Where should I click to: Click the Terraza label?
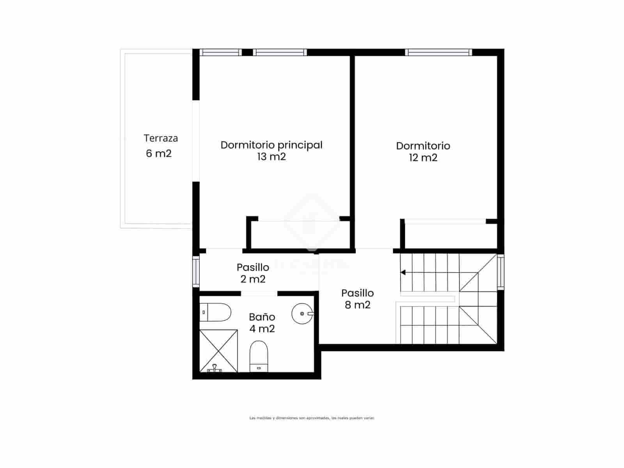point(161,138)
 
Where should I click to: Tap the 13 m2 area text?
point(271,157)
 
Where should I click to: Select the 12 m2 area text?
point(423,158)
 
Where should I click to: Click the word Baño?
point(262,317)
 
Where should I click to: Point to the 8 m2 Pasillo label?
point(358,299)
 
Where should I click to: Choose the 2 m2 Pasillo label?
point(253,273)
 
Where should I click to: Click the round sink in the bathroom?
point(301,313)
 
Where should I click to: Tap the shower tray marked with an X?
point(218,350)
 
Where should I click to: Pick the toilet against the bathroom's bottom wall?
point(259,356)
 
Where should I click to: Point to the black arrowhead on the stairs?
point(403,272)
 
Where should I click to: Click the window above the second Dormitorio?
point(438,52)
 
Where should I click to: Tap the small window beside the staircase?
point(500,271)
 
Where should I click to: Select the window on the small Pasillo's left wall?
point(196,271)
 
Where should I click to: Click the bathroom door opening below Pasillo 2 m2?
point(259,293)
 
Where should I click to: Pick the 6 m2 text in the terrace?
point(159,154)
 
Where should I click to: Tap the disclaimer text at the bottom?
point(312,418)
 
